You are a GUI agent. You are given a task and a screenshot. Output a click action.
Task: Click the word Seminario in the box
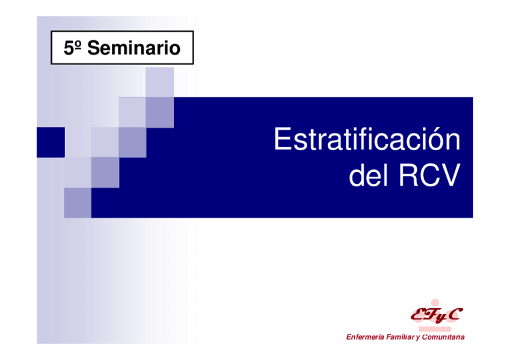pos(134,47)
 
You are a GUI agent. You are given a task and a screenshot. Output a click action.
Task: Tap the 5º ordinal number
pos(72,47)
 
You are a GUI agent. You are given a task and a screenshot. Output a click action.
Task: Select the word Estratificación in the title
pos(367,139)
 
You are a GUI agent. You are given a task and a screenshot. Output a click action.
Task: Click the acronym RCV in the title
pos(429,175)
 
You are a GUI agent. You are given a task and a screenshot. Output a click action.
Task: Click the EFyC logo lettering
pos(437,314)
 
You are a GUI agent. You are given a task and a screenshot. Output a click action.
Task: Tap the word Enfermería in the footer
pos(365,337)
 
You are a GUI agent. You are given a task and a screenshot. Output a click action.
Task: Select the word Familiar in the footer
pos(400,337)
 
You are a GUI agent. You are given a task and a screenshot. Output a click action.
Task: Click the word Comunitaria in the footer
pos(443,337)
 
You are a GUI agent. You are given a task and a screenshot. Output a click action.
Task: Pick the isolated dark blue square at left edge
pos(51,142)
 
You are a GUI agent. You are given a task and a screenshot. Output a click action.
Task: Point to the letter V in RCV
pos(450,175)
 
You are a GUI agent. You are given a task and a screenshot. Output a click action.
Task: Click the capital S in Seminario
pos(94,47)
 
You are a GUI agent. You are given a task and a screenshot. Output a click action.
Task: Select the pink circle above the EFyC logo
pos(435,303)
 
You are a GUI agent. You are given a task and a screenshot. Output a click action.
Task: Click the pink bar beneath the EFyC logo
pos(435,329)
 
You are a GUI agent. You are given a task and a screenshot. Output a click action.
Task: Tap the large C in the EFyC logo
pos(454,314)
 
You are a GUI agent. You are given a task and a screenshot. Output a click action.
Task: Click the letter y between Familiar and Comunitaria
pos(418,338)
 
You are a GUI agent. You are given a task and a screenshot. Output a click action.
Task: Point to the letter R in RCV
pos(408,175)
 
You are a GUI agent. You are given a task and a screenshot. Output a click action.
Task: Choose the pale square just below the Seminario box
pos(159,82)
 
